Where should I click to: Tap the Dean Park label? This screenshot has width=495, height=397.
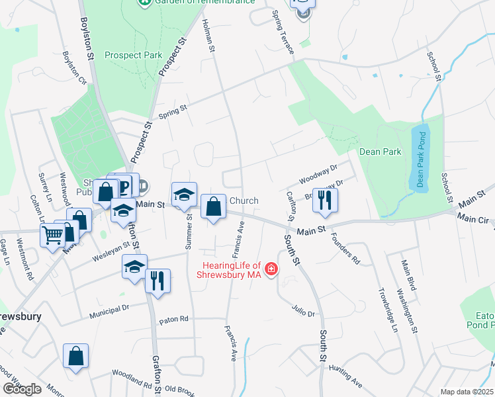tap(380, 152)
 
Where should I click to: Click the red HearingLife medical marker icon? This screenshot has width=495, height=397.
tap(271, 269)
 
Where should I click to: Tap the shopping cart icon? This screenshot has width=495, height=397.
tap(52, 235)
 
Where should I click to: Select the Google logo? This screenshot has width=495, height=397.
tap(22, 389)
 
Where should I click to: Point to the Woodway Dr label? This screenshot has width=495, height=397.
tap(318, 175)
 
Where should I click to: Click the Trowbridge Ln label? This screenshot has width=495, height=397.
tap(387, 309)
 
